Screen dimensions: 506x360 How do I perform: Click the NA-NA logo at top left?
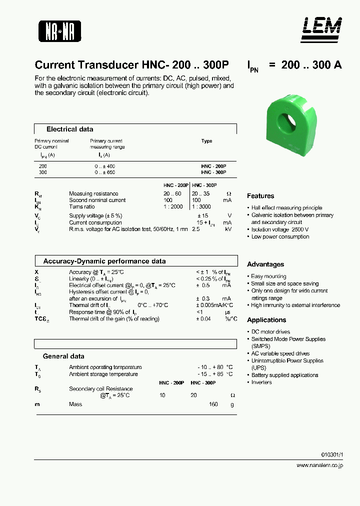tap(59, 31)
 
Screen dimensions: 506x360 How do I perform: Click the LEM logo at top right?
tap(321, 29)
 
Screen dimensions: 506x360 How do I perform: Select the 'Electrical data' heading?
tap(69, 129)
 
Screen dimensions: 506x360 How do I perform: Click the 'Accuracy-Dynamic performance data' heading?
tap(104, 261)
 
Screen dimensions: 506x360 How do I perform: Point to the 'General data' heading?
tap(63, 356)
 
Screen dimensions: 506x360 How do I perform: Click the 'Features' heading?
tap(260, 196)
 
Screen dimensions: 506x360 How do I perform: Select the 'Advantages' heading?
tap(265, 264)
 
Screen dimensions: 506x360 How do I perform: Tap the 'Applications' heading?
tap(266, 320)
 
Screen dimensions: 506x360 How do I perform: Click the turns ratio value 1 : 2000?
tap(173, 206)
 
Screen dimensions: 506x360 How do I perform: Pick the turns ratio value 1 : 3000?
tap(201, 206)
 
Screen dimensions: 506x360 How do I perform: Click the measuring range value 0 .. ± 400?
tap(104, 165)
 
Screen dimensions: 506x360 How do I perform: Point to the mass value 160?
tap(213, 404)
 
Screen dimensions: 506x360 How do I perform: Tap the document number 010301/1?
tap(332, 454)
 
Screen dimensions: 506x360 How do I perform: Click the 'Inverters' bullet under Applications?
tap(261, 382)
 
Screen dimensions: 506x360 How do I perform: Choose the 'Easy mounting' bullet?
tap(268, 276)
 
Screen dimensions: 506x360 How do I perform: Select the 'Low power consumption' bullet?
tap(280, 236)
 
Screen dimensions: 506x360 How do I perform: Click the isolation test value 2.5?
tap(196, 228)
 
